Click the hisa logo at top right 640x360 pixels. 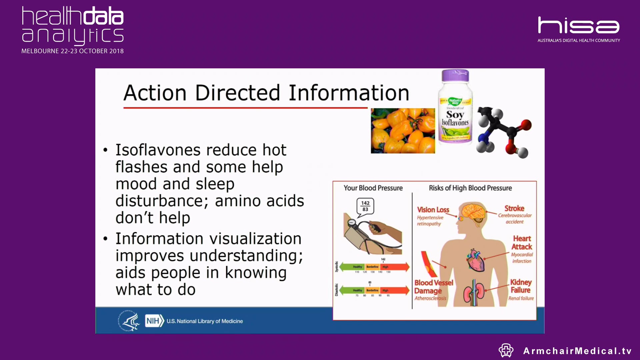coord(578,26)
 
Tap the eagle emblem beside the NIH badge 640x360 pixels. coord(129,321)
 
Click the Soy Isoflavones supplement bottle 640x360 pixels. coord(455,108)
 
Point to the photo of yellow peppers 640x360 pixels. coord(403,131)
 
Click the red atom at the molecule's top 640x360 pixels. coord(526,125)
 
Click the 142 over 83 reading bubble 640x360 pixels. coord(365,206)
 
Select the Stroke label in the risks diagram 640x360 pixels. coord(514,208)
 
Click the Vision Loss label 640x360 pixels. coord(433,210)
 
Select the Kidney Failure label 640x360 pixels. coord(521,286)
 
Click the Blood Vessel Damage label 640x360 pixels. coord(433,287)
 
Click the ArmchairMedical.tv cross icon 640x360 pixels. coord(506,350)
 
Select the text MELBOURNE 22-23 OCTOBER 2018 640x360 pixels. coord(72,51)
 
